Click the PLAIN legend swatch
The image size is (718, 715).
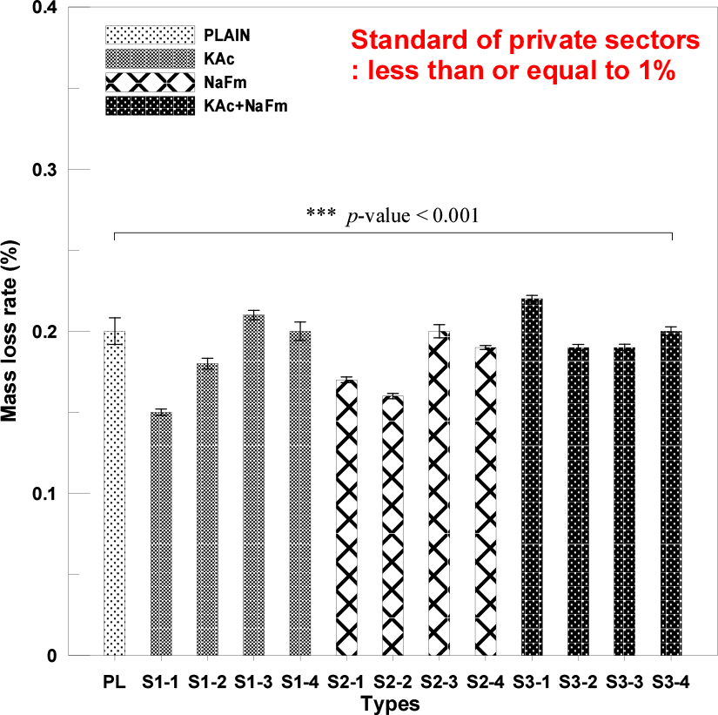point(149,36)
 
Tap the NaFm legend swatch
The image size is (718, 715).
point(149,83)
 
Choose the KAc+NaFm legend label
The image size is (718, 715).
point(245,106)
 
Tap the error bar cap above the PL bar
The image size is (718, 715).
point(114,319)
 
